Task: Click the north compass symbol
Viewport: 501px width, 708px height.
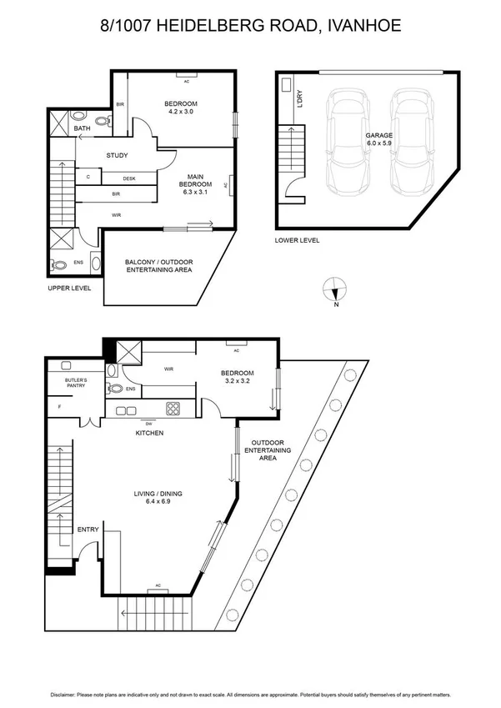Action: [x=334, y=289]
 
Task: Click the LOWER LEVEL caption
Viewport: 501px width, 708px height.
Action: [x=297, y=240]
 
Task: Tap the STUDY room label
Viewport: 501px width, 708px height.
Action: [x=117, y=156]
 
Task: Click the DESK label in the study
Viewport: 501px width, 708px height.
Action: [x=129, y=178]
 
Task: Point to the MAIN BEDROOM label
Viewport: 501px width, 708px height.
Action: [x=197, y=182]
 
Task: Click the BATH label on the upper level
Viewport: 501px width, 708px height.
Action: [x=82, y=128]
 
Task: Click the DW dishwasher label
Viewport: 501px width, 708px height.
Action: [x=149, y=423]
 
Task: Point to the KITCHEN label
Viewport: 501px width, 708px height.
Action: [x=149, y=434]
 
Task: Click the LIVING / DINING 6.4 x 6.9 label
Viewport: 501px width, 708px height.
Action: [x=158, y=498]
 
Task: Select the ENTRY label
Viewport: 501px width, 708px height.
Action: [x=88, y=530]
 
